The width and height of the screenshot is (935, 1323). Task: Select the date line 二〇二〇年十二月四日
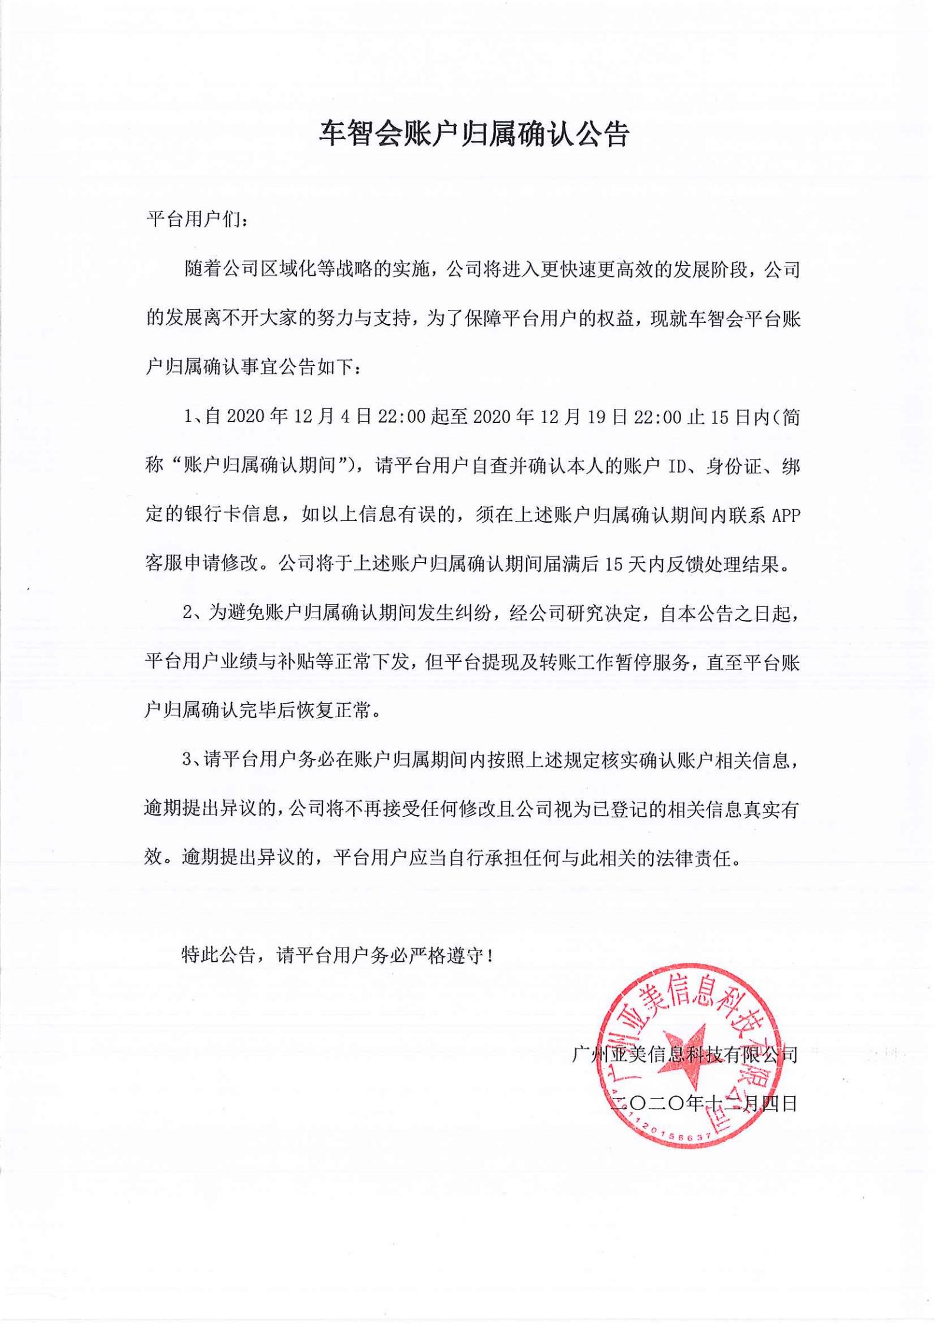click(x=703, y=1103)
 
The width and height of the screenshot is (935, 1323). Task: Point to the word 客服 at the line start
click(x=163, y=565)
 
